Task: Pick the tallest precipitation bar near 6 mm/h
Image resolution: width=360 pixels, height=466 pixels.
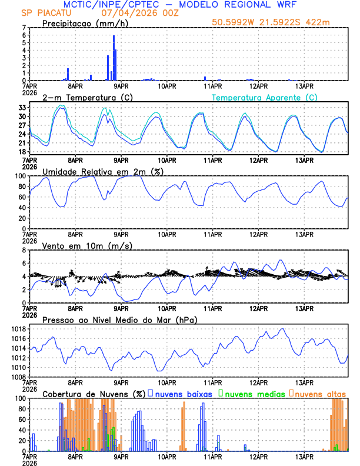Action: (114, 57)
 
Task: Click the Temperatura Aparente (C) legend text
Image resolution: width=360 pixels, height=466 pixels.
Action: (265, 97)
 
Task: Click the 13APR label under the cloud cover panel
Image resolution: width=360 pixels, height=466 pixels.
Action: (304, 456)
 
